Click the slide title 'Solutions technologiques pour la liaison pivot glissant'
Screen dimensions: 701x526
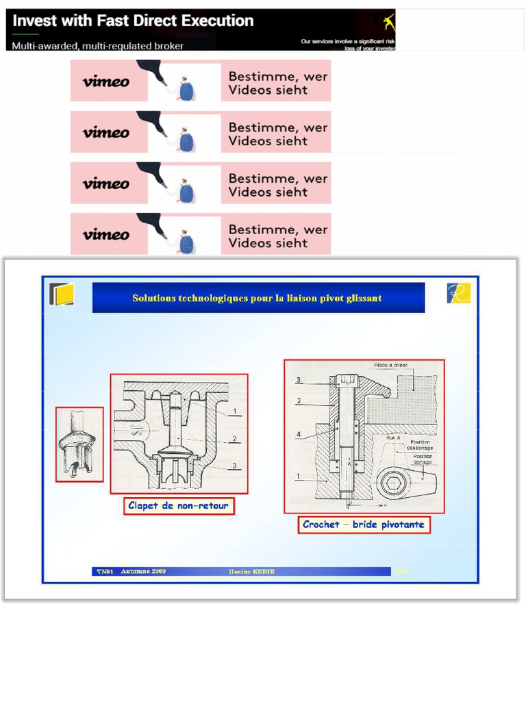coord(258,298)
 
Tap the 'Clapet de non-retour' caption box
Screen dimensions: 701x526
coord(178,506)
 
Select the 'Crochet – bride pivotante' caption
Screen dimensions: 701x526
coord(364,525)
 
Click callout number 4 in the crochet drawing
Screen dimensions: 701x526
coord(298,434)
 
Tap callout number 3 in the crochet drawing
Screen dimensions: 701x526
coord(298,380)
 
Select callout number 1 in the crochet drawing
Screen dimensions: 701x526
coord(298,475)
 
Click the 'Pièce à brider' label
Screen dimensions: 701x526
coord(390,365)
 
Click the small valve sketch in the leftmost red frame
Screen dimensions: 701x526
coord(79,444)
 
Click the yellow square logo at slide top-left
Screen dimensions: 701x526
coord(62,294)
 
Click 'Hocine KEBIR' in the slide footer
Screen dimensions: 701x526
coord(251,572)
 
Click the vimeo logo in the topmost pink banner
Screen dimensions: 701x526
coord(106,81)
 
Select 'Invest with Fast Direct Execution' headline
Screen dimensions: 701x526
coord(133,21)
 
